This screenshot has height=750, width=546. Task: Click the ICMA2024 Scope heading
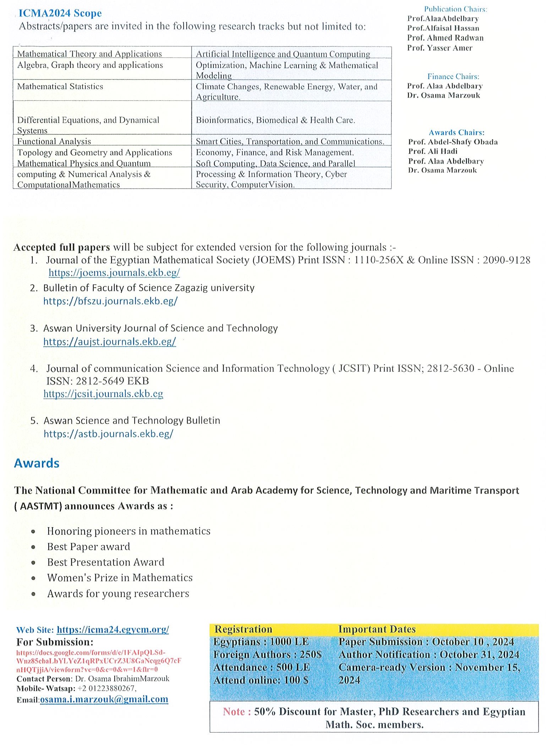tap(60, 13)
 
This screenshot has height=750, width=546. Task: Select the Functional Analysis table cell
tap(54, 141)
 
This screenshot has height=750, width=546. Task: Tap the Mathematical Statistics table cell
tap(60, 87)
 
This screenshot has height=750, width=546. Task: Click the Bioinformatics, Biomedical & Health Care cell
tap(275, 120)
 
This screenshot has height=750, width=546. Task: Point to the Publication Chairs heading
tap(455, 9)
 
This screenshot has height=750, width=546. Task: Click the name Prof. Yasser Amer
tap(439, 48)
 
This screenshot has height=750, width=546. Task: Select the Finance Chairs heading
tap(453, 76)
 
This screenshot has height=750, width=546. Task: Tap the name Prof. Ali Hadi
tap(432, 151)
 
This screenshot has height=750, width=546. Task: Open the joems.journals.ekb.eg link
tap(114, 272)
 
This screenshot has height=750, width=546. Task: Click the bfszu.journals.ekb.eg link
tap(110, 301)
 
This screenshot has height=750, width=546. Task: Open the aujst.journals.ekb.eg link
tap(109, 342)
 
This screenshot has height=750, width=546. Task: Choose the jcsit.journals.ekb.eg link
tap(103, 394)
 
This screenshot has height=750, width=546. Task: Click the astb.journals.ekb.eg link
tap(108, 434)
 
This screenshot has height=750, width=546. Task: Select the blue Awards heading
tap(37, 463)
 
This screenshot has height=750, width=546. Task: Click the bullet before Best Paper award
tap(33, 547)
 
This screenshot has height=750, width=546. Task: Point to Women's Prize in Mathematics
tap(120, 578)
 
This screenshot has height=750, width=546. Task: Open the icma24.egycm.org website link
tap(113, 629)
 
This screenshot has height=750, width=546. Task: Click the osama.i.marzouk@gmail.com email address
tap(104, 699)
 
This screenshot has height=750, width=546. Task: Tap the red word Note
tap(234, 711)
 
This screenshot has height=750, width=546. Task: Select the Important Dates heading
tap(376, 629)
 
